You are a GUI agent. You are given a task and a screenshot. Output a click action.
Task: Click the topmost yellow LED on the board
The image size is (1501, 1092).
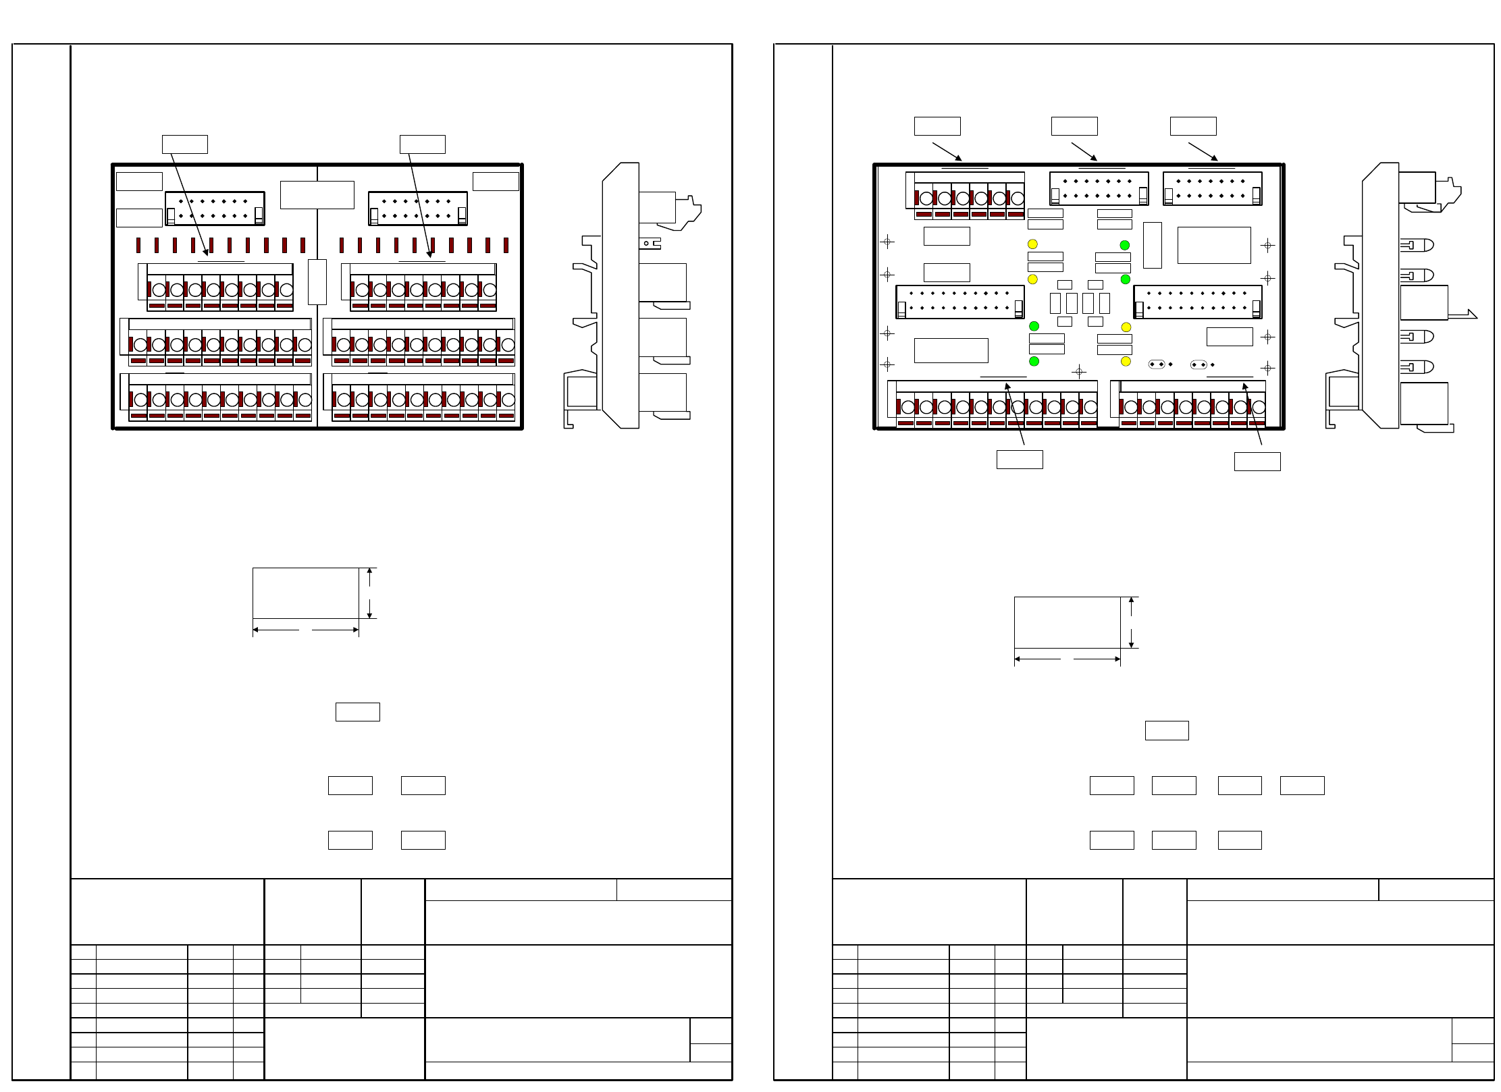pyautogui.click(x=1032, y=244)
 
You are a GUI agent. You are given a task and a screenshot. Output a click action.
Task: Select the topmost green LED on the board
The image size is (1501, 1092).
pyautogui.click(x=1125, y=245)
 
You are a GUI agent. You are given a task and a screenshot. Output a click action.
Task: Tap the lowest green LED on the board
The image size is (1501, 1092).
pyautogui.click(x=1034, y=362)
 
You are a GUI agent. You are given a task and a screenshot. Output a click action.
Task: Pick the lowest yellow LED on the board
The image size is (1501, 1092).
pyautogui.click(x=1126, y=362)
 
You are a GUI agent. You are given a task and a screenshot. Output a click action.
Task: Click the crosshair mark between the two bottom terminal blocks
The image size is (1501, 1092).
pyautogui.click(x=1079, y=371)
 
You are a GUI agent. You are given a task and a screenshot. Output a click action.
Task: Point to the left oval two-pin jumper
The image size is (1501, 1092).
pyautogui.click(x=1157, y=364)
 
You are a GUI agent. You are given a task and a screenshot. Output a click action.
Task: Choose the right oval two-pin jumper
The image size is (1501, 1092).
pyautogui.click(x=1199, y=364)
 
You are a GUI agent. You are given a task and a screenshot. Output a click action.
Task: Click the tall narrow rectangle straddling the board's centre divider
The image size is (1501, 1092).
pyautogui.click(x=317, y=281)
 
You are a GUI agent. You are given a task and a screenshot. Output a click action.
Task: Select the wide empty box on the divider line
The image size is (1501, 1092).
pyautogui.click(x=317, y=195)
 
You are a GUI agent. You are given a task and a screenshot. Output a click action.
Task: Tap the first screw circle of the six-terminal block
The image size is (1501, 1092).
pyautogui.click(x=926, y=198)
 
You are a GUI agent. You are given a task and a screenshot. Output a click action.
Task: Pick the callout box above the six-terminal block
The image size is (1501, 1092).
pyautogui.click(x=937, y=126)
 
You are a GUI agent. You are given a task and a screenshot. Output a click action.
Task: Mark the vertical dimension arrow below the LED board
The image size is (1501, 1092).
pyautogui.click(x=1131, y=622)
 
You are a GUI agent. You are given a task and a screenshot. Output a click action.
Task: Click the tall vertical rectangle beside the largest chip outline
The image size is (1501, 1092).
pyautogui.click(x=1152, y=245)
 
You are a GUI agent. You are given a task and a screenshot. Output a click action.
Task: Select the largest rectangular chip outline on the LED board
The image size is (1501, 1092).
pyautogui.click(x=1214, y=245)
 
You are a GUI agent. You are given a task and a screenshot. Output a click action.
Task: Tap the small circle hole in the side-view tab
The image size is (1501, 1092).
pyautogui.click(x=647, y=244)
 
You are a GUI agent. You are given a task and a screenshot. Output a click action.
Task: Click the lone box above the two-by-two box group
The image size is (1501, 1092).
pyautogui.click(x=357, y=712)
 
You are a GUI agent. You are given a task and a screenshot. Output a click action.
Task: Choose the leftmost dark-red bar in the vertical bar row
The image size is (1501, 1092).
pyautogui.click(x=138, y=245)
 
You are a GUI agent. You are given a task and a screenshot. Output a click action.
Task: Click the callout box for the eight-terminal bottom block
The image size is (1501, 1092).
pyautogui.click(x=1257, y=462)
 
